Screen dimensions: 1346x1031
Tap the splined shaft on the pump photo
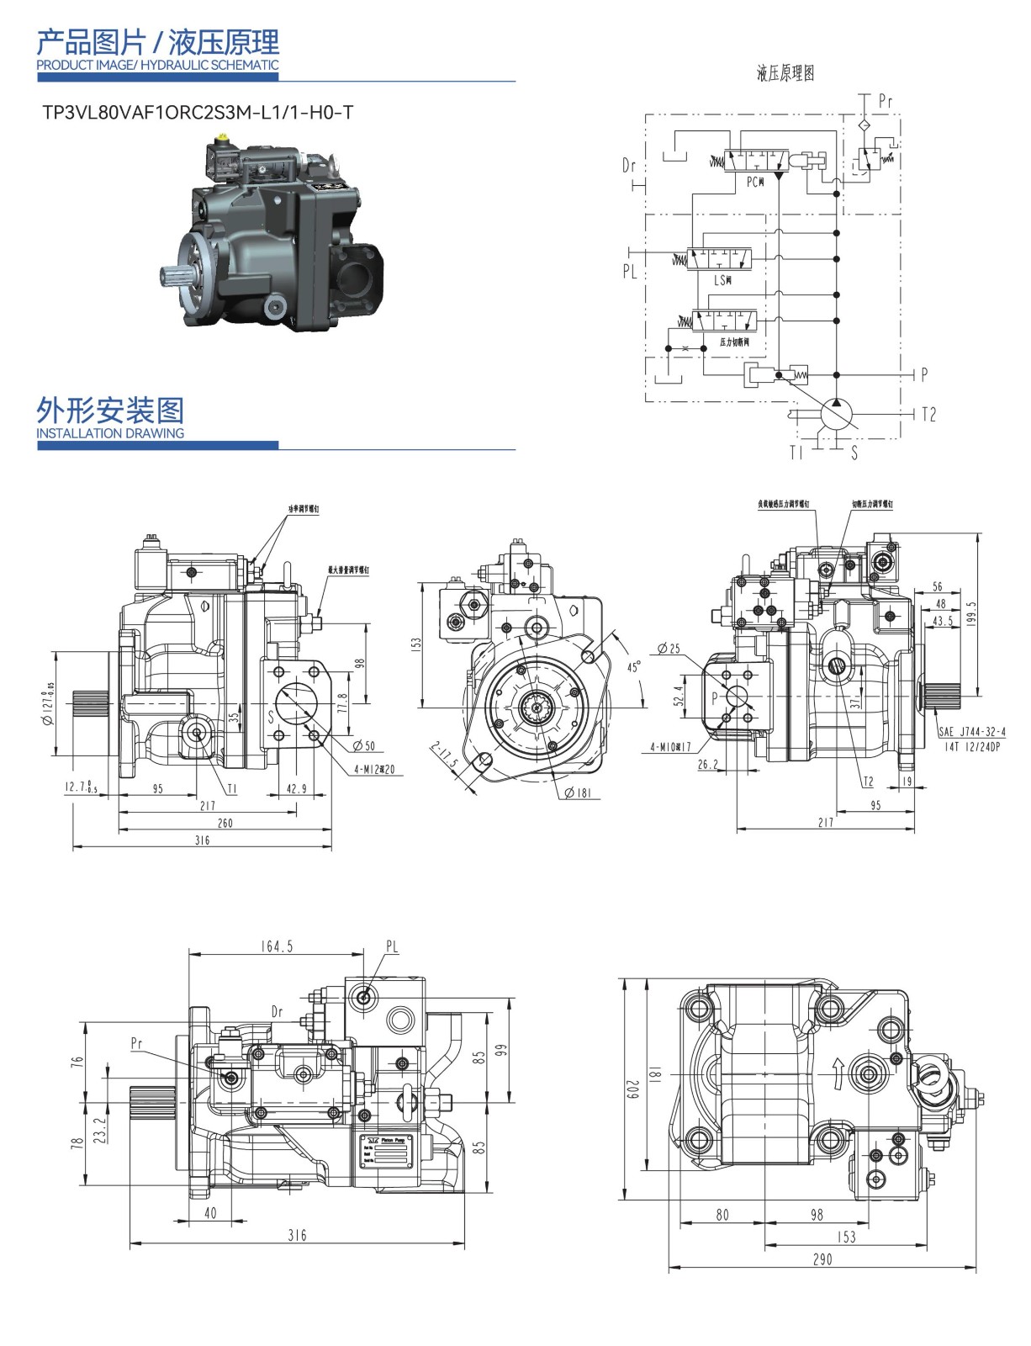click(174, 275)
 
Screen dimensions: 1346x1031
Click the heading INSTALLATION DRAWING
click(110, 433)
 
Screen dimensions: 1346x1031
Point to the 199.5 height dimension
click(973, 615)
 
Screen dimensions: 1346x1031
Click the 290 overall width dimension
click(822, 1259)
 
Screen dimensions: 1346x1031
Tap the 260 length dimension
click(225, 823)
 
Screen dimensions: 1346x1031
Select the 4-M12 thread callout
click(374, 770)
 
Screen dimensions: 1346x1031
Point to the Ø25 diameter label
click(669, 649)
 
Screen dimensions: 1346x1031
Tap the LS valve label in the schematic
click(722, 280)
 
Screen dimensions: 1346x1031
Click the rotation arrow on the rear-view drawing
click(838, 1073)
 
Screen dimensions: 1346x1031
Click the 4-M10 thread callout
click(670, 746)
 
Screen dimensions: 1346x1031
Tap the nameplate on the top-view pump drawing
click(386, 1150)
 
